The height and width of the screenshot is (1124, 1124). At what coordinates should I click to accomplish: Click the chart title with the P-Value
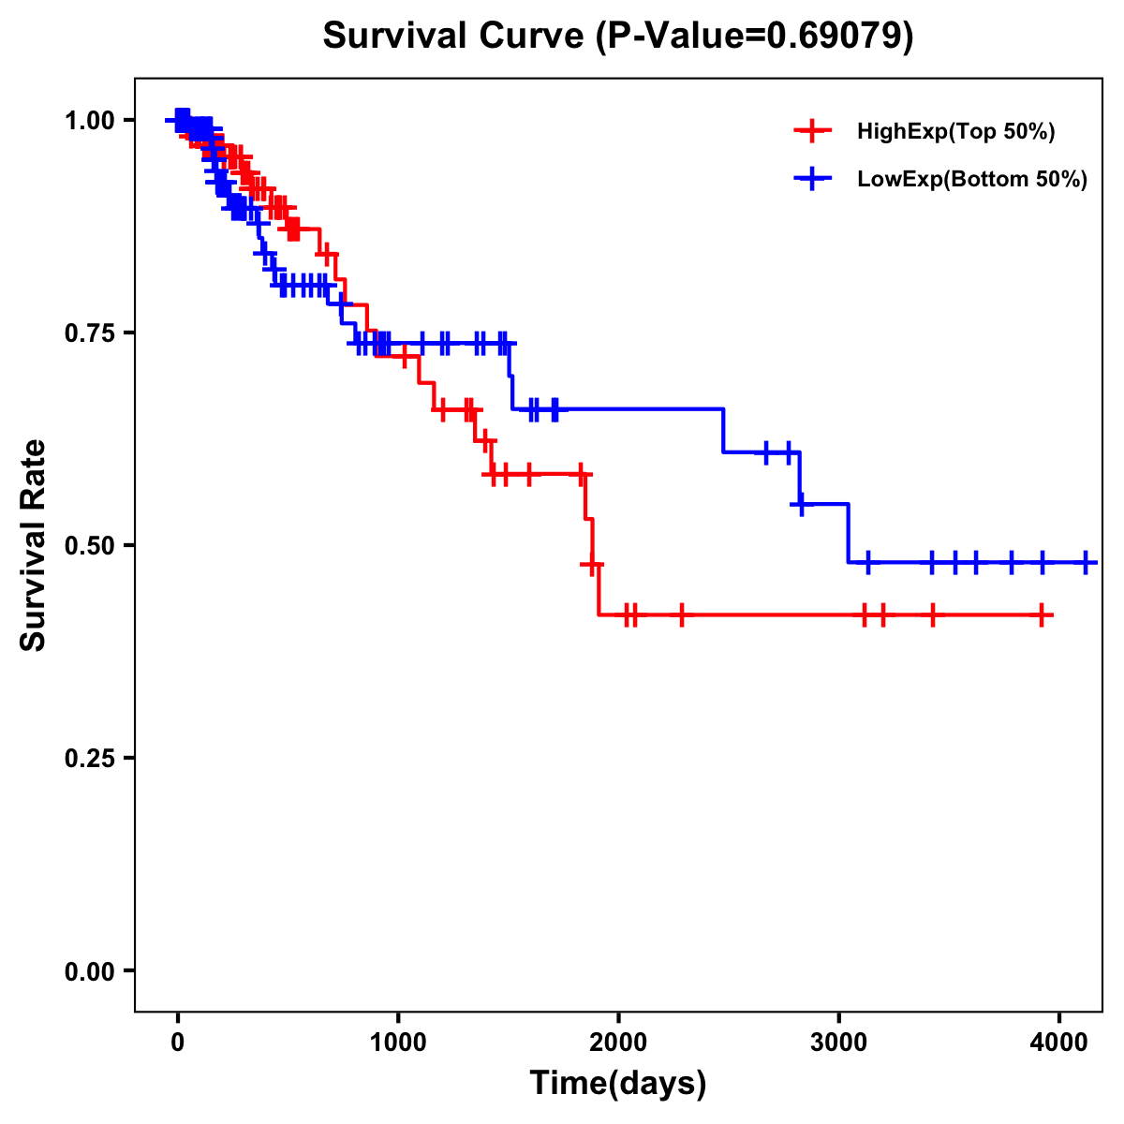tap(617, 36)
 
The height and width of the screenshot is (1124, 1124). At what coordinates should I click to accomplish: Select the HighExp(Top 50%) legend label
tap(956, 132)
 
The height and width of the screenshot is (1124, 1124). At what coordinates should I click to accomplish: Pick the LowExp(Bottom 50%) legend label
tap(972, 179)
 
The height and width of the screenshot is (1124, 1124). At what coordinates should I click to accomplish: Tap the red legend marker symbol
tap(812, 131)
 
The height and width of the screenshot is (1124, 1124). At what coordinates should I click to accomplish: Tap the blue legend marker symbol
tap(812, 178)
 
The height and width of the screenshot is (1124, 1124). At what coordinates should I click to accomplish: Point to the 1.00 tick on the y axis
tap(90, 121)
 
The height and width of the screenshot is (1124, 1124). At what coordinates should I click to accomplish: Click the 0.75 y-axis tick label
tap(90, 333)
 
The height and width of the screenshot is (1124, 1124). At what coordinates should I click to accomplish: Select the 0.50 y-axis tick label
tap(90, 546)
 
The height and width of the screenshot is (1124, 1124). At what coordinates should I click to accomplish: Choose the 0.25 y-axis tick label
tap(90, 759)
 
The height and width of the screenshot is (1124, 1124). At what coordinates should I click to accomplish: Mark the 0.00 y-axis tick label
tap(90, 971)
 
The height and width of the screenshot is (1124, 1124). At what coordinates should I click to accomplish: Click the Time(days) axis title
tap(618, 1084)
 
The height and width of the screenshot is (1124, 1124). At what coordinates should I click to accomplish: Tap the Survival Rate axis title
tap(35, 544)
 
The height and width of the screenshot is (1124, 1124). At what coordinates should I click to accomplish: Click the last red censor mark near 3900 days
tap(1042, 615)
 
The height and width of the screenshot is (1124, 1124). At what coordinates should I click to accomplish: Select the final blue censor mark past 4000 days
tap(1086, 563)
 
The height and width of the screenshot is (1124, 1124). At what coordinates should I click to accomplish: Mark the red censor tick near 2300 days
tap(681, 615)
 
